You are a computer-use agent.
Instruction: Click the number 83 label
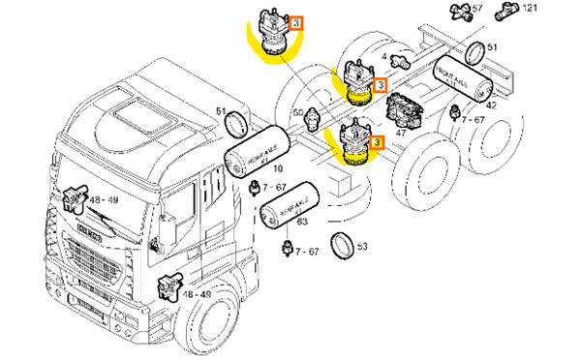click(301, 224)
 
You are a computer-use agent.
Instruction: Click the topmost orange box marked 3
click(298, 21)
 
